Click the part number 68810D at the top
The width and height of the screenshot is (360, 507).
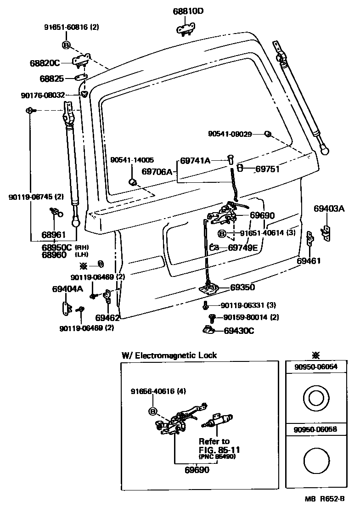188,11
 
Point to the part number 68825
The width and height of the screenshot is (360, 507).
51,79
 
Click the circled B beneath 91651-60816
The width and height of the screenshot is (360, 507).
66,45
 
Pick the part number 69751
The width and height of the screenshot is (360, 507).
267,169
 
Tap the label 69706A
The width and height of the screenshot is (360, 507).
157,172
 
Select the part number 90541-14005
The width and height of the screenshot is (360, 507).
132,160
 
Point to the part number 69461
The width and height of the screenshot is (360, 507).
309,260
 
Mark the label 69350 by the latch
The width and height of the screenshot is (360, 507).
242,287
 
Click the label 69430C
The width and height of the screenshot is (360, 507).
239,330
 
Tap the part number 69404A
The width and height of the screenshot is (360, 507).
67,289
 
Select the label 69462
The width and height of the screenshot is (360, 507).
107,317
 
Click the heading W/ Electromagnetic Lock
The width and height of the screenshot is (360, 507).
169,355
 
